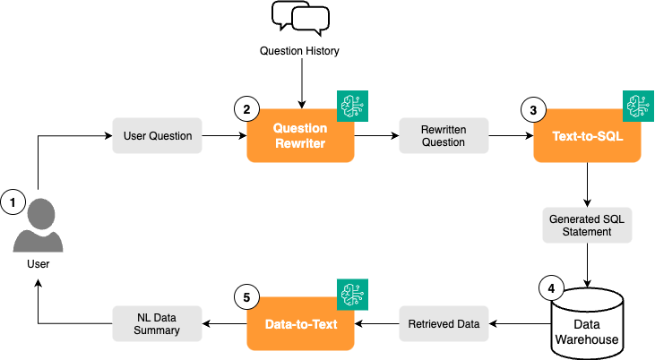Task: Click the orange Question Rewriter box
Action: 300,135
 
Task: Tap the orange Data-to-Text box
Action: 300,323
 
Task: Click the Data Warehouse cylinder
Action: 587,319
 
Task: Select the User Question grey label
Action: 157,136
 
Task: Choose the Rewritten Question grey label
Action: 444,136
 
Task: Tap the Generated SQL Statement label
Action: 587,225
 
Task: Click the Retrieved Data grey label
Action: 444,323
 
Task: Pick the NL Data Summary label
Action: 157,323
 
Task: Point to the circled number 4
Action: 550,288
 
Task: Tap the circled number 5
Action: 245,296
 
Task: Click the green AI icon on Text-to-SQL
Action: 638,106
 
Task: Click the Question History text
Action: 299,51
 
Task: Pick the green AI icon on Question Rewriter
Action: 351,106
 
